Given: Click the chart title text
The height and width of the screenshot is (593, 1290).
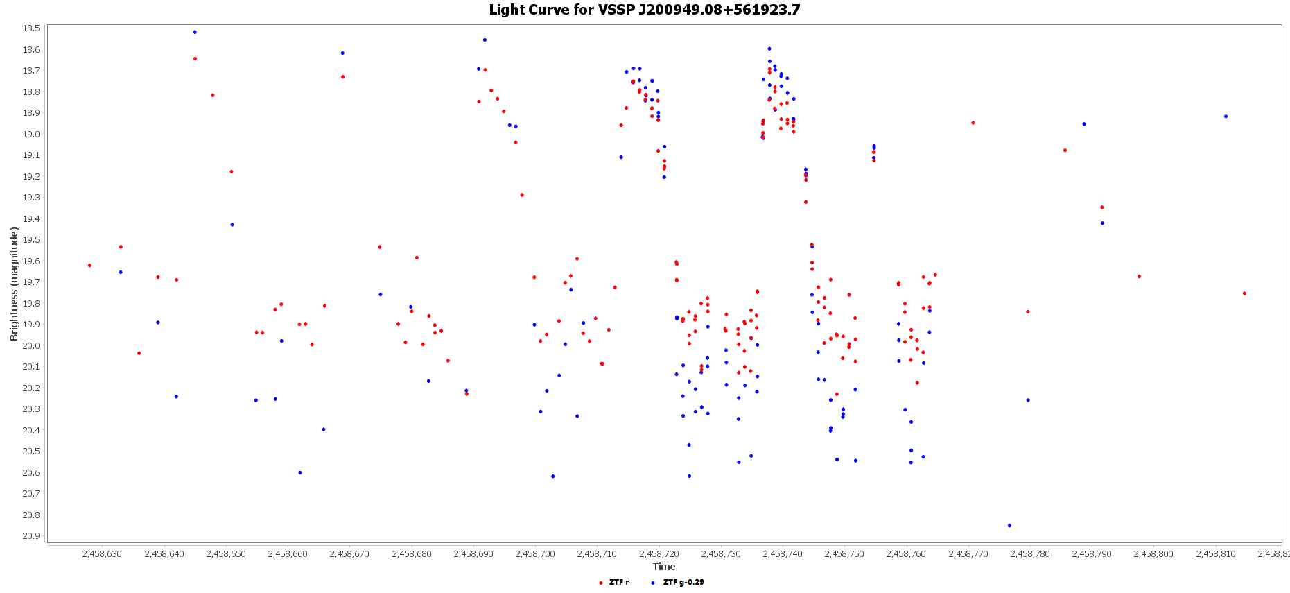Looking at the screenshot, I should click(644, 10).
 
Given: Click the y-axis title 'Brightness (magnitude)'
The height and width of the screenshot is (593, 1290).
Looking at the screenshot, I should click(14, 284).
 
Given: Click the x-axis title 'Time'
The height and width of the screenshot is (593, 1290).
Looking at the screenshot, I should click(663, 567).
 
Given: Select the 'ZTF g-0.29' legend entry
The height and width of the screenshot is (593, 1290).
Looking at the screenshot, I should click(683, 582).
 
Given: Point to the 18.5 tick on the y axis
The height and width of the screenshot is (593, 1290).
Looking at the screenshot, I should click(31, 28).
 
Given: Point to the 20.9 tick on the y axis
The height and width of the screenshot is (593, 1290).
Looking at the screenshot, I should click(31, 535).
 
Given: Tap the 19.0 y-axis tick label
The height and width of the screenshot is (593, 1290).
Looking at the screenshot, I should click(31, 134).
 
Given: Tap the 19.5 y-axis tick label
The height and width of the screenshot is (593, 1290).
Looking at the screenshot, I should click(31, 239).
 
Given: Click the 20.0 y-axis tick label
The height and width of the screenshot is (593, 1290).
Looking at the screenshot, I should click(31, 345).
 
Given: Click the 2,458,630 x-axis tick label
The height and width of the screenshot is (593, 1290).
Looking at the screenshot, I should click(102, 554).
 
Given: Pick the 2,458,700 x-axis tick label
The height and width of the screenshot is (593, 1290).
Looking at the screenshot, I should click(535, 554).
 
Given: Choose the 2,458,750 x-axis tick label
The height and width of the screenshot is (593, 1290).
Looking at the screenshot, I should click(845, 554).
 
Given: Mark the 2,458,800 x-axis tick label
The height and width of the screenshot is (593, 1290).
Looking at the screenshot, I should click(1154, 554).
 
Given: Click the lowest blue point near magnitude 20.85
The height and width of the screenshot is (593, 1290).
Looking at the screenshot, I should click(1009, 525).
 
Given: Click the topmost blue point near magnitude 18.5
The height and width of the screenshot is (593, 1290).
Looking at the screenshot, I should click(195, 32).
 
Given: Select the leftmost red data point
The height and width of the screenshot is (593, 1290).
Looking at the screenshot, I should click(89, 265).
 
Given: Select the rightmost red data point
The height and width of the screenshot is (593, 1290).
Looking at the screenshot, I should click(1244, 293).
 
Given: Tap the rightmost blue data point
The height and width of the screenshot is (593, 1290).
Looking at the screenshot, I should click(1226, 117).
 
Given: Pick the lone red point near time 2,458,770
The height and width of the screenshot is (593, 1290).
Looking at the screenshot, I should click(973, 123).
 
